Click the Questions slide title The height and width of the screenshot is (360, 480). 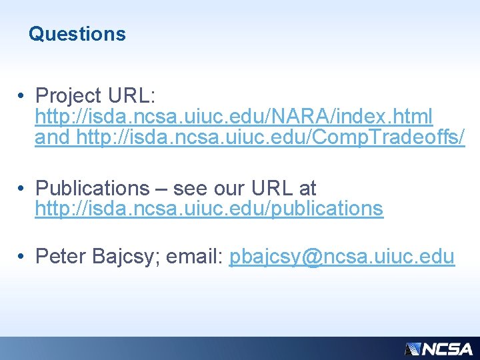(77, 33)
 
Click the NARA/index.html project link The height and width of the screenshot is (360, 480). (233, 117)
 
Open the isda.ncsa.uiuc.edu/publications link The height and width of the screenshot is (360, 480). (209, 209)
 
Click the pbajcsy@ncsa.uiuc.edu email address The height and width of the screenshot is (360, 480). (342, 256)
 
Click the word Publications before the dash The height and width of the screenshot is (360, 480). (93, 188)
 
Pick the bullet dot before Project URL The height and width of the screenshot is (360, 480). (22, 96)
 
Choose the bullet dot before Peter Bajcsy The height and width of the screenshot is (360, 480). (22, 256)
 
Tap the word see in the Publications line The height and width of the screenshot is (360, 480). (190, 188)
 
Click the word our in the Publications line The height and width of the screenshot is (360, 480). (229, 188)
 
